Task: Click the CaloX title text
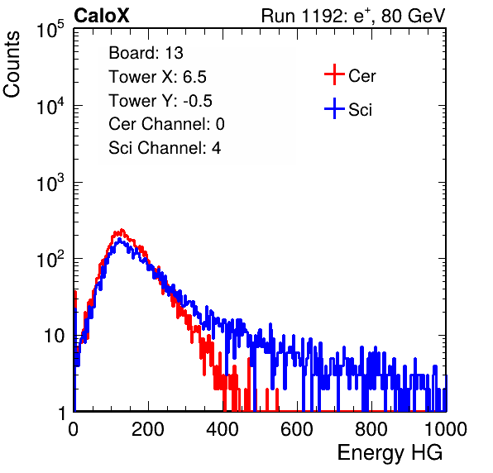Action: pyautogui.click(x=102, y=16)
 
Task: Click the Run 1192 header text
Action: pyautogui.click(x=353, y=16)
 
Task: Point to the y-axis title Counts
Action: pyautogui.click(x=12, y=64)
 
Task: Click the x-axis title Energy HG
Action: pyautogui.click(x=390, y=453)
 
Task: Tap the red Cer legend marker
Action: pyautogui.click(x=334, y=74)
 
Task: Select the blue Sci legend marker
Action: pyautogui.click(x=334, y=108)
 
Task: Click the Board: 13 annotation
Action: pyautogui.click(x=146, y=53)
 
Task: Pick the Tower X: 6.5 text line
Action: pyautogui.click(x=157, y=77)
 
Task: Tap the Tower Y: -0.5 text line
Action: pyautogui.click(x=160, y=101)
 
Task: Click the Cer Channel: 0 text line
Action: pyautogui.click(x=166, y=124)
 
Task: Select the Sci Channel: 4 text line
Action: pyautogui.click(x=165, y=148)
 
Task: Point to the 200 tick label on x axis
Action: pyautogui.click(x=148, y=429)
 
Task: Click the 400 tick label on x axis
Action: pyautogui.click(x=223, y=429)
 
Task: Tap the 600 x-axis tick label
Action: pyautogui.click(x=297, y=429)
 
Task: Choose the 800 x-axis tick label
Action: pyautogui.click(x=371, y=429)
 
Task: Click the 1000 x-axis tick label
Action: pyautogui.click(x=446, y=429)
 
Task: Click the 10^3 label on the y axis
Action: pyautogui.click(x=50, y=183)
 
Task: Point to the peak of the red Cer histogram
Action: pyautogui.click(x=122, y=230)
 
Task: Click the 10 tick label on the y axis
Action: pyautogui.click(x=54, y=336)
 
